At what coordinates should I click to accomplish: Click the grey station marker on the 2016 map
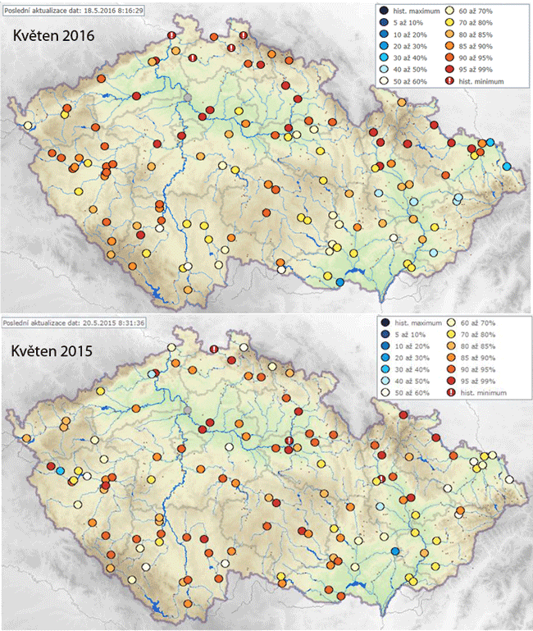pos(189,98)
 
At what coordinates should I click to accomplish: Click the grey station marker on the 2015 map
pos(189,409)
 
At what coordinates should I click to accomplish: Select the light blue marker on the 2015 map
pos(61,470)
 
